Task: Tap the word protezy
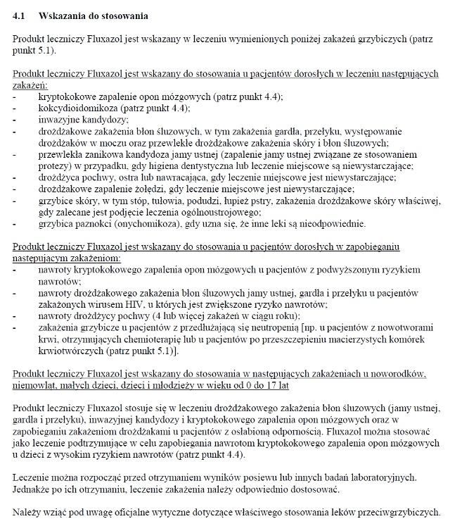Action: pyautogui.click(x=53, y=165)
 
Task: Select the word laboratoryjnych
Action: pyautogui.click(x=385, y=477)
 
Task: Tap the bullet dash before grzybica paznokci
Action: pyautogui.click(x=15, y=223)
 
